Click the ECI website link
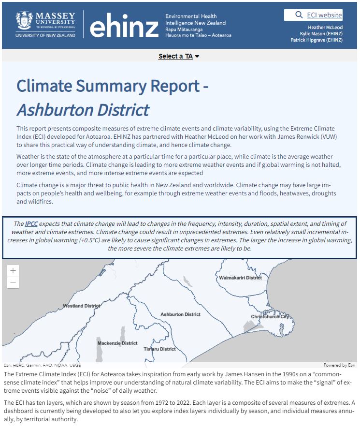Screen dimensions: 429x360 [x=324, y=15]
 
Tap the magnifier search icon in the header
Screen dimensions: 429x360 [x=299, y=15]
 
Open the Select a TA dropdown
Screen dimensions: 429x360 [x=179, y=56]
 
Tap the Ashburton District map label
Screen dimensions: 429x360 [x=180, y=314]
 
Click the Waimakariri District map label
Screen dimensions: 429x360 [x=240, y=278]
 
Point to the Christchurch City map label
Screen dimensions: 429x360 [x=270, y=317]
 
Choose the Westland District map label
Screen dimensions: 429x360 [x=82, y=306]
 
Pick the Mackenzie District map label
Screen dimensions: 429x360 [x=117, y=343]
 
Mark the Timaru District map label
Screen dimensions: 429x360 [x=160, y=349]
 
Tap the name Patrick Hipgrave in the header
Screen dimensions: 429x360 [x=317, y=40]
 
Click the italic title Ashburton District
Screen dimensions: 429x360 [x=83, y=110]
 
